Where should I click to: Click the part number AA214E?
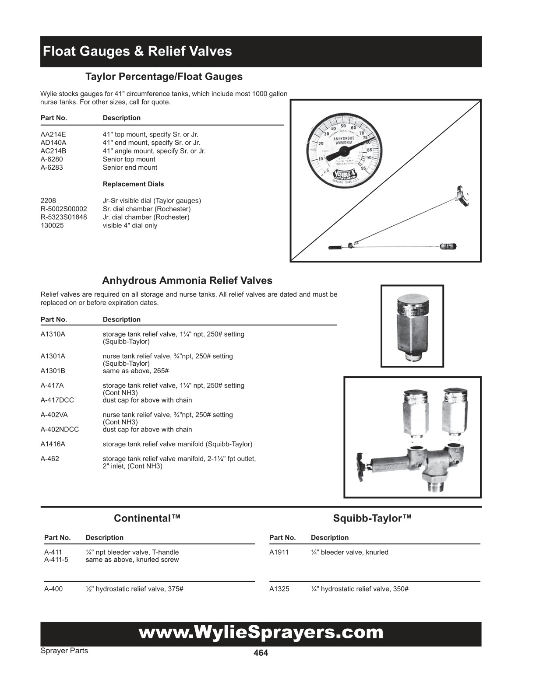pos(53,134)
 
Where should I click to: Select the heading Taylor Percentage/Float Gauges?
pos(164,77)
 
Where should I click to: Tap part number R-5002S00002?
pos(63,209)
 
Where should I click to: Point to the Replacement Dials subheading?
pos(133,184)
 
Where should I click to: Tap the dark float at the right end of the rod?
pos(448,247)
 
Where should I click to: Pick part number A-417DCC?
pos(57,400)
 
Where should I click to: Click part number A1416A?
pos(53,444)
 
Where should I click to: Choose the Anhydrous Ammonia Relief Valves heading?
pos(187,280)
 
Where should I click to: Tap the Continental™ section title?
pos(147,518)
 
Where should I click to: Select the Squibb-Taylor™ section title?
pos(372,518)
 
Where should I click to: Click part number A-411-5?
pos(56,560)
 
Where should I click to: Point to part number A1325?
pos(279,589)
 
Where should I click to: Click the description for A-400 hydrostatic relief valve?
pos(134,589)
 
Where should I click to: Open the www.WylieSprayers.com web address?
pos(261,633)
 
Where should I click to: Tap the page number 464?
pos(261,653)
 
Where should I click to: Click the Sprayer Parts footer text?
pos(64,651)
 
